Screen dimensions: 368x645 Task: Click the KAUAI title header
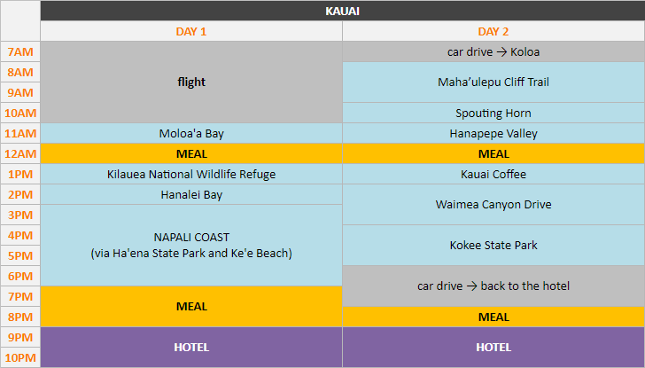coord(342,12)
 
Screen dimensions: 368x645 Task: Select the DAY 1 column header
coord(191,31)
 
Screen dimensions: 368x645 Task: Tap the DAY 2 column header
coord(493,31)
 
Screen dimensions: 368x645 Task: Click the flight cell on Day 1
coord(191,82)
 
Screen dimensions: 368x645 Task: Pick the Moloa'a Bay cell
coord(191,134)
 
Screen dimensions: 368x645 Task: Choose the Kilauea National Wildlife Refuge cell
coord(191,175)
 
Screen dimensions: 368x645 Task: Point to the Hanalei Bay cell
coord(191,195)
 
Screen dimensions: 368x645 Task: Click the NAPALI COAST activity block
coord(191,246)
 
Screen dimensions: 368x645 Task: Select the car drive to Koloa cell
coord(493,52)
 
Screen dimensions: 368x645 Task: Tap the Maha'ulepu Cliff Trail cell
coord(493,82)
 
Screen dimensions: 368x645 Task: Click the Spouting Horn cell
coord(493,114)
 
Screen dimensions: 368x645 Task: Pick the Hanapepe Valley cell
coord(493,134)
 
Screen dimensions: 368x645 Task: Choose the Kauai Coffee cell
coord(493,175)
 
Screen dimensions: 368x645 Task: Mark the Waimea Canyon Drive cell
coord(493,205)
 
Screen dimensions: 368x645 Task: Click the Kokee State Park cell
coord(493,246)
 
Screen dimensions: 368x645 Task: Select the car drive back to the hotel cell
coord(493,286)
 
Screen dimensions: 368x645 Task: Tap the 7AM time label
coord(20,52)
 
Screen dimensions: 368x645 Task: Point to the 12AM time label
coord(20,154)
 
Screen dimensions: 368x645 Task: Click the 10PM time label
coord(20,357)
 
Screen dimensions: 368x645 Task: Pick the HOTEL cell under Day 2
coord(493,348)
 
